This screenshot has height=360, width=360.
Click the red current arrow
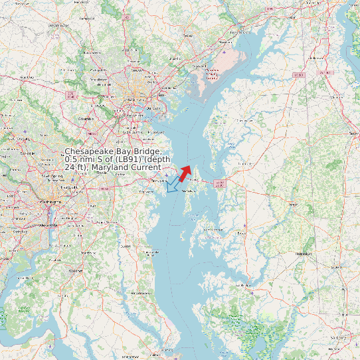click(185, 173)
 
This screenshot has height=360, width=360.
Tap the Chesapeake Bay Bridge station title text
click(118, 159)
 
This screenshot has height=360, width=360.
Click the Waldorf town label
click(75, 271)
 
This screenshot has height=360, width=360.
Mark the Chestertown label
click(245, 121)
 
